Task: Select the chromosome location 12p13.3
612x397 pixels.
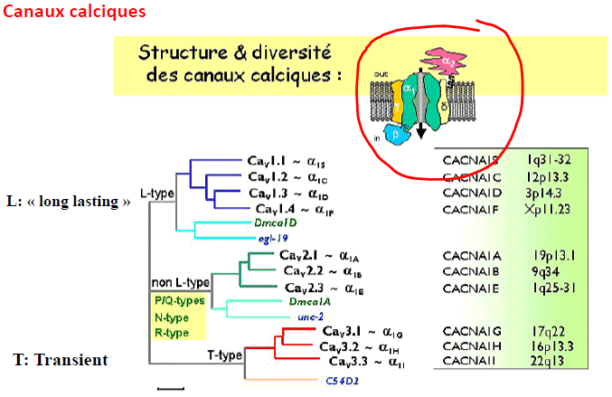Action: click(x=548, y=175)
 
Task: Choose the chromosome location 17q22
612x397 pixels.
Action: click(x=548, y=330)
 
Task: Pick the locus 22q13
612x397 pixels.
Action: click(x=548, y=362)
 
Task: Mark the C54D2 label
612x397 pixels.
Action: click(x=342, y=380)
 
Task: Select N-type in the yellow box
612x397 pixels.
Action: click(x=170, y=316)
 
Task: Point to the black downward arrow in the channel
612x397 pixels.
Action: click(x=420, y=132)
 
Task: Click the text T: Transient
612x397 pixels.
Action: click(x=61, y=360)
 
